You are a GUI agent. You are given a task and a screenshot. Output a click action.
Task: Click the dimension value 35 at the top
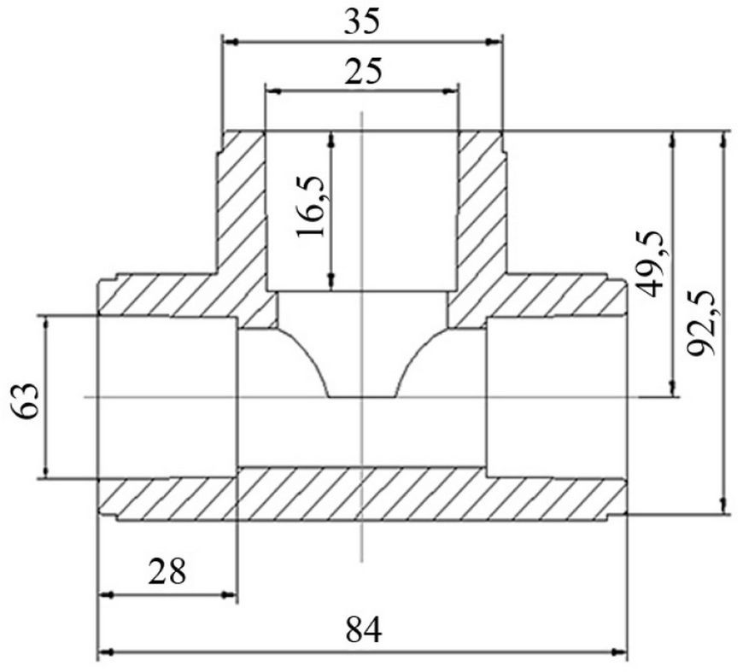coord(361,22)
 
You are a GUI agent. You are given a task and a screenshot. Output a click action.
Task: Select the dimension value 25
coord(362,72)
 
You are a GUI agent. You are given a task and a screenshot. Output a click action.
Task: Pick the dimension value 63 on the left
coord(25,400)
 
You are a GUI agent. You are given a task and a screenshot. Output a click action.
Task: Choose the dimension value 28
coord(167,571)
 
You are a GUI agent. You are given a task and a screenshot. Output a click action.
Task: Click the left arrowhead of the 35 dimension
coord(231,42)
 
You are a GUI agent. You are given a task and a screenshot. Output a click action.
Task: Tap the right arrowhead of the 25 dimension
coord(451,91)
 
